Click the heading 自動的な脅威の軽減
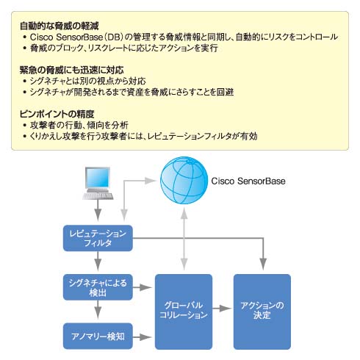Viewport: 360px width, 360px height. pyautogui.click(x=60, y=26)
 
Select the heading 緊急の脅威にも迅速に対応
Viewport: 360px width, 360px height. pyautogui.click(x=71, y=70)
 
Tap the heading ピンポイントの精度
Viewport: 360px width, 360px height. pyautogui.click(x=57, y=114)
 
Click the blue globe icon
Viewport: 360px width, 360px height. pyautogui.click(x=184, y=180)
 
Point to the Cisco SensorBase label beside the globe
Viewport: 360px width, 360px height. pyautogui.click(x=248, y=181)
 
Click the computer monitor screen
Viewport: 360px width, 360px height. pyautogui.click(x=98, y=178)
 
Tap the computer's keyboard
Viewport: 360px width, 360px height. pyautogui.click(x=98, y=196)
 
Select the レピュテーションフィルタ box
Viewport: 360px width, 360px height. pyautogui.click(x=98, y=238)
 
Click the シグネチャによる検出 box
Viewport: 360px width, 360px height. pyautogui.click(x=98, y=287)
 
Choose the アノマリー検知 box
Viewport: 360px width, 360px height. pyautogui.click(x=98, y=336)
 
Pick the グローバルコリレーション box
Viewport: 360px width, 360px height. pyautogui.click(x=184, y=312)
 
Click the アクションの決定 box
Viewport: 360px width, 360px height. pyautogui.click(x=262, y=312)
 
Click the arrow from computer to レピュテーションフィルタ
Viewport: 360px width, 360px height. pyautogui.click(x=98, y=210)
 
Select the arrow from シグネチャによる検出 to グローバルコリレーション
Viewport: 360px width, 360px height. pyautogui.click(x=142, y=287)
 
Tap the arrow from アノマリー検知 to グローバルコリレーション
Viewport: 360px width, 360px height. pyautogui.click(x=142, y=337)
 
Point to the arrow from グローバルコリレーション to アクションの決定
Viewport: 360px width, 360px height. pyautogui.click(x=222, y=309)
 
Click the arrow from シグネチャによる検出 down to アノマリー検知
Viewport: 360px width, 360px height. pyautogui.click(x=98, y=310)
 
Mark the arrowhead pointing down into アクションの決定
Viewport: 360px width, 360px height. pyautogui.click(x=263, y=264)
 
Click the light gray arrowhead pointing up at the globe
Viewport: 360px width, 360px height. pyautogui.click(x=184, y=213)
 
